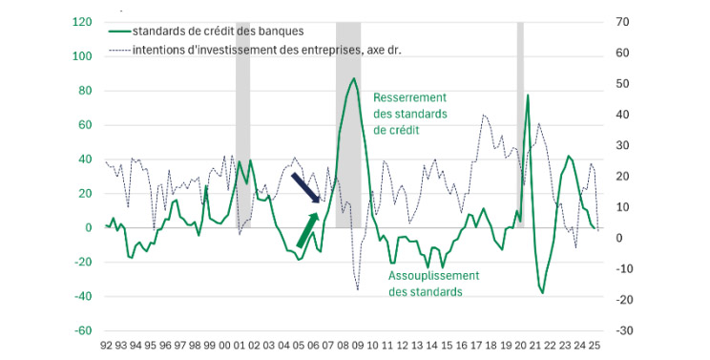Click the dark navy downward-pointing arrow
pyautogui.click(x=307, y=188)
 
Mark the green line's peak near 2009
pyautogui.click(x=354, y=78)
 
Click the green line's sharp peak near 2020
pyautogui.click(x=528, y=95)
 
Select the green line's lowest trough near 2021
pyautogui.click(x=542, y=293)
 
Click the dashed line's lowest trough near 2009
pyautogui.click(x=358, y=289)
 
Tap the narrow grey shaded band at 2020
pyautogui.click(x=520, y=124)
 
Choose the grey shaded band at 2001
pyautogui.click(x=242, y=124)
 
